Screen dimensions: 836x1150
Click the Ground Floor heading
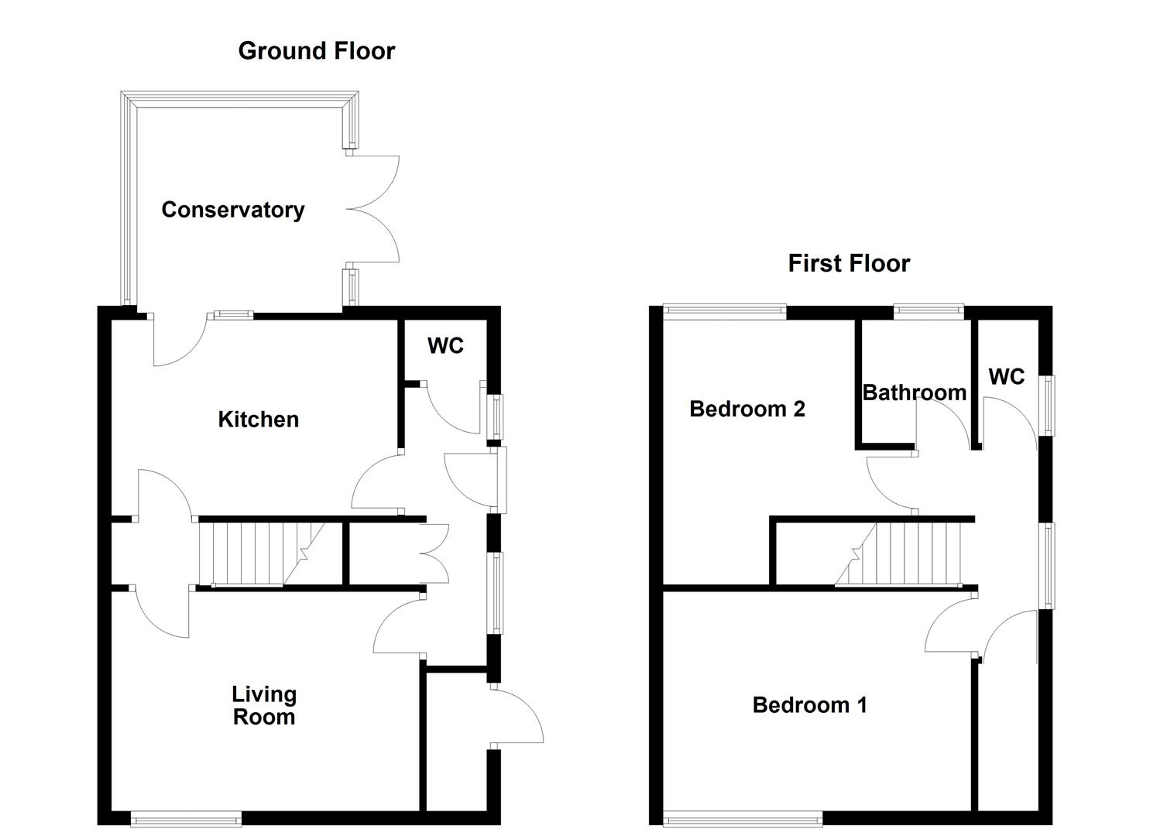click(x=316, y=51)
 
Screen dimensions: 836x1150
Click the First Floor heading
click(x=848, y=264)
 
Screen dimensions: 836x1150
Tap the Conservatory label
click(x=232, y=210)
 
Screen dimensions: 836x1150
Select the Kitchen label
click(x=258, y=420)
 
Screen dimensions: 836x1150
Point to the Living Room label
click(x=264, y=705)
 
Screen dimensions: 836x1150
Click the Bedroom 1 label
click(x=809, y=705)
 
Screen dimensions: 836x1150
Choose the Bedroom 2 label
click(x=747, y=409)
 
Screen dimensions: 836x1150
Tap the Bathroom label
click(x=914, y=393)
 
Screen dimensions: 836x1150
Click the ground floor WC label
click(x=445, y=346)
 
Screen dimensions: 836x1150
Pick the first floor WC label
click(x=1006, y=377)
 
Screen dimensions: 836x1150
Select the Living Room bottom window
click(x=186, y=817)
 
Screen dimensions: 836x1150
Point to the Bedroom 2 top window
click(x=725, y=312)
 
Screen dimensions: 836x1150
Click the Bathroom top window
click(x=929, y=312)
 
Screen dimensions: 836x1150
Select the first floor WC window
click(x=1046, y=406)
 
